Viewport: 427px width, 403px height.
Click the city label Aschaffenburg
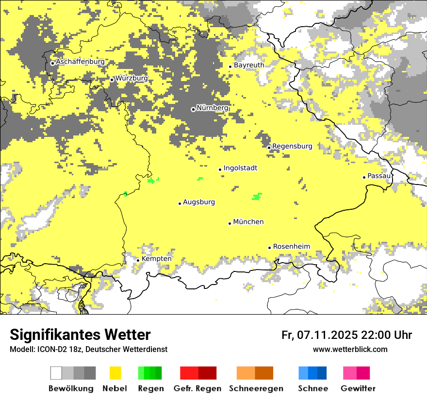(80, 62)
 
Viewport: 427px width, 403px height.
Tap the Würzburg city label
(131, 78)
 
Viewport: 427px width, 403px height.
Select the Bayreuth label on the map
(249, 65)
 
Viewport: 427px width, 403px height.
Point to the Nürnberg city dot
(193, 109)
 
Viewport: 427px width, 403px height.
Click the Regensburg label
(292, 146)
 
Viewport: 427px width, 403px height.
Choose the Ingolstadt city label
(240, 168)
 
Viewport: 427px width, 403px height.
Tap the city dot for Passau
(364, 177)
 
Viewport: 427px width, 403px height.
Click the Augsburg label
(198, 202)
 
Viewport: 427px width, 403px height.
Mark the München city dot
(230, 223)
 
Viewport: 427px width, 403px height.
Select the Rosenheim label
(291, 247)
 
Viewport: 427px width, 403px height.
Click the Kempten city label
(156, 259)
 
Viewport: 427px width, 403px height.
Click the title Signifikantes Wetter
(80, 335)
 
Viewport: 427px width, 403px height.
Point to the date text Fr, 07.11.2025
(320, 335)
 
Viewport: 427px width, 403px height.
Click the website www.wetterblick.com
(350, 349)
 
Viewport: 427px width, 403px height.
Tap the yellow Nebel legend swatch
(115, 373)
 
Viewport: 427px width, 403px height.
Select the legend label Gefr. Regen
(198, 388)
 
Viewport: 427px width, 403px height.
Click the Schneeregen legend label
(256, 388)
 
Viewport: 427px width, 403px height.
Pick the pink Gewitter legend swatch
(357, 373)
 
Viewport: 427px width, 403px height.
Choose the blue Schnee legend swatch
(312, 373)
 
